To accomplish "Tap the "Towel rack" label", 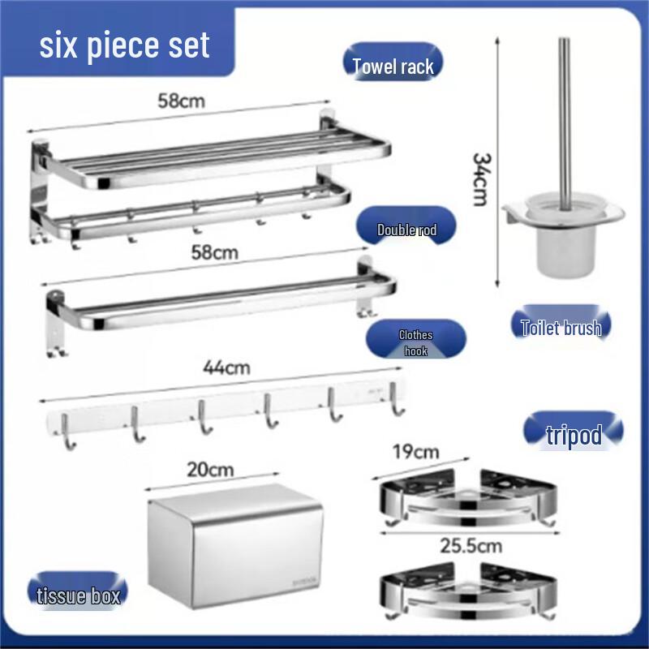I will (393, 67).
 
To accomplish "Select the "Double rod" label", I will (406, 230).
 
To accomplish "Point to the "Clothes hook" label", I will (415, 343).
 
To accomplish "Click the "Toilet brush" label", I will (561, 328).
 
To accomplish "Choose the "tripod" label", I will (574, 435).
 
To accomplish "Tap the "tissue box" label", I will (78, 596).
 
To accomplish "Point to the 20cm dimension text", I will (209, 469).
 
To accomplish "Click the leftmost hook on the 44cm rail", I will (71, 430).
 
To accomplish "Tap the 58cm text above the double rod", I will (215, 252).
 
